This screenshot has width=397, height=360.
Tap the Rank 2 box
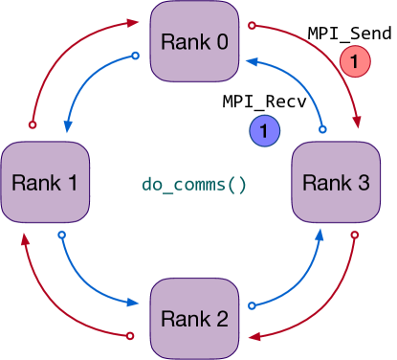point(195,318)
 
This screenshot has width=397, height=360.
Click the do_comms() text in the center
point(194,183)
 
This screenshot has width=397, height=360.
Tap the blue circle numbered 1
point(263,130)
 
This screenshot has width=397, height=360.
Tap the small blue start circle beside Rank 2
point(253,306)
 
